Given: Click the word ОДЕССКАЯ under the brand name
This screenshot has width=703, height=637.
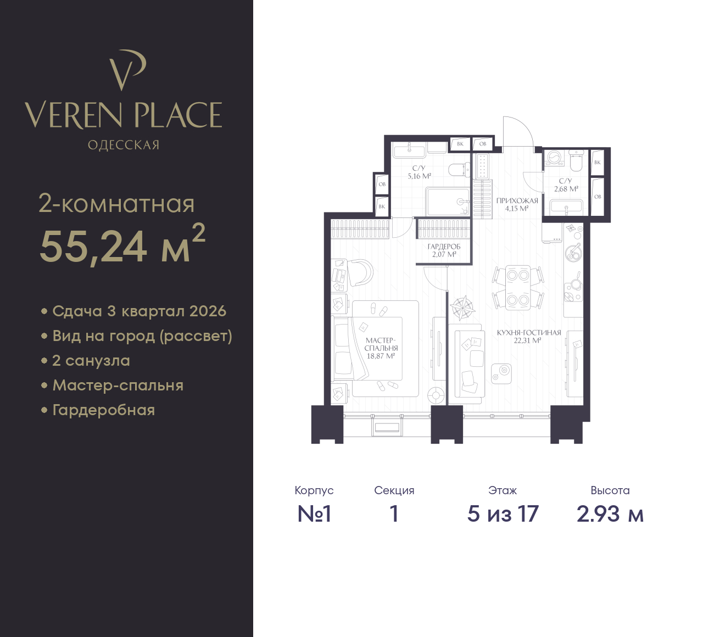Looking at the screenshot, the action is point(124,145).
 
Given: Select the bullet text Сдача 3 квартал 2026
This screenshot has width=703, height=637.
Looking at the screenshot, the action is point(139,311).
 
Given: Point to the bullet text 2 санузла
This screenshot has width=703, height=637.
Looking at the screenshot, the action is point(91,361).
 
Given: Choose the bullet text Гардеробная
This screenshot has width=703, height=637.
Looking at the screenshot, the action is point(104,410).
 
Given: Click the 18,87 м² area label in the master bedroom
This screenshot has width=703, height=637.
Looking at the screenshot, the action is point(381,356).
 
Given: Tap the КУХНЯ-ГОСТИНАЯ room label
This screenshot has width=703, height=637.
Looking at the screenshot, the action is point(529,333).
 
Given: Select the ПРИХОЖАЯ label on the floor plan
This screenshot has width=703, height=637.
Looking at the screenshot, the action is point(517,201).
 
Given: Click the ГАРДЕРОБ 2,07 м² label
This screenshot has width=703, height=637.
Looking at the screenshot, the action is point(444,250).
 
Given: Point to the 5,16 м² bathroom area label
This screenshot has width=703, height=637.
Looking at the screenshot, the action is point(419,176).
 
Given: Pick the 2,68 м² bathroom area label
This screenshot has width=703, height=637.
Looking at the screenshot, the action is point(566,189).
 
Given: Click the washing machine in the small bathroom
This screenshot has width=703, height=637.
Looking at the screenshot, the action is point(554,158).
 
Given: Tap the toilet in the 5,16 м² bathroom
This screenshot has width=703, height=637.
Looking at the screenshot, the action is point(459,170).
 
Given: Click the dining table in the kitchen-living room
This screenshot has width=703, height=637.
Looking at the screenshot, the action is point(518,288).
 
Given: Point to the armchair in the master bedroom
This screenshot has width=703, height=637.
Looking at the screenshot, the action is point(360,272).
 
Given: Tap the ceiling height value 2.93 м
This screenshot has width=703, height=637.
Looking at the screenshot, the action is point(610,514).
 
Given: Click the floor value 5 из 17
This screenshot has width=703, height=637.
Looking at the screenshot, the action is point(503,514).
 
